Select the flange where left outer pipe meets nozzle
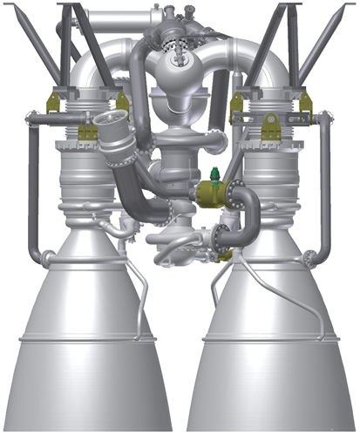pos(51,256)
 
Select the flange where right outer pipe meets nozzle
pos(309,256)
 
